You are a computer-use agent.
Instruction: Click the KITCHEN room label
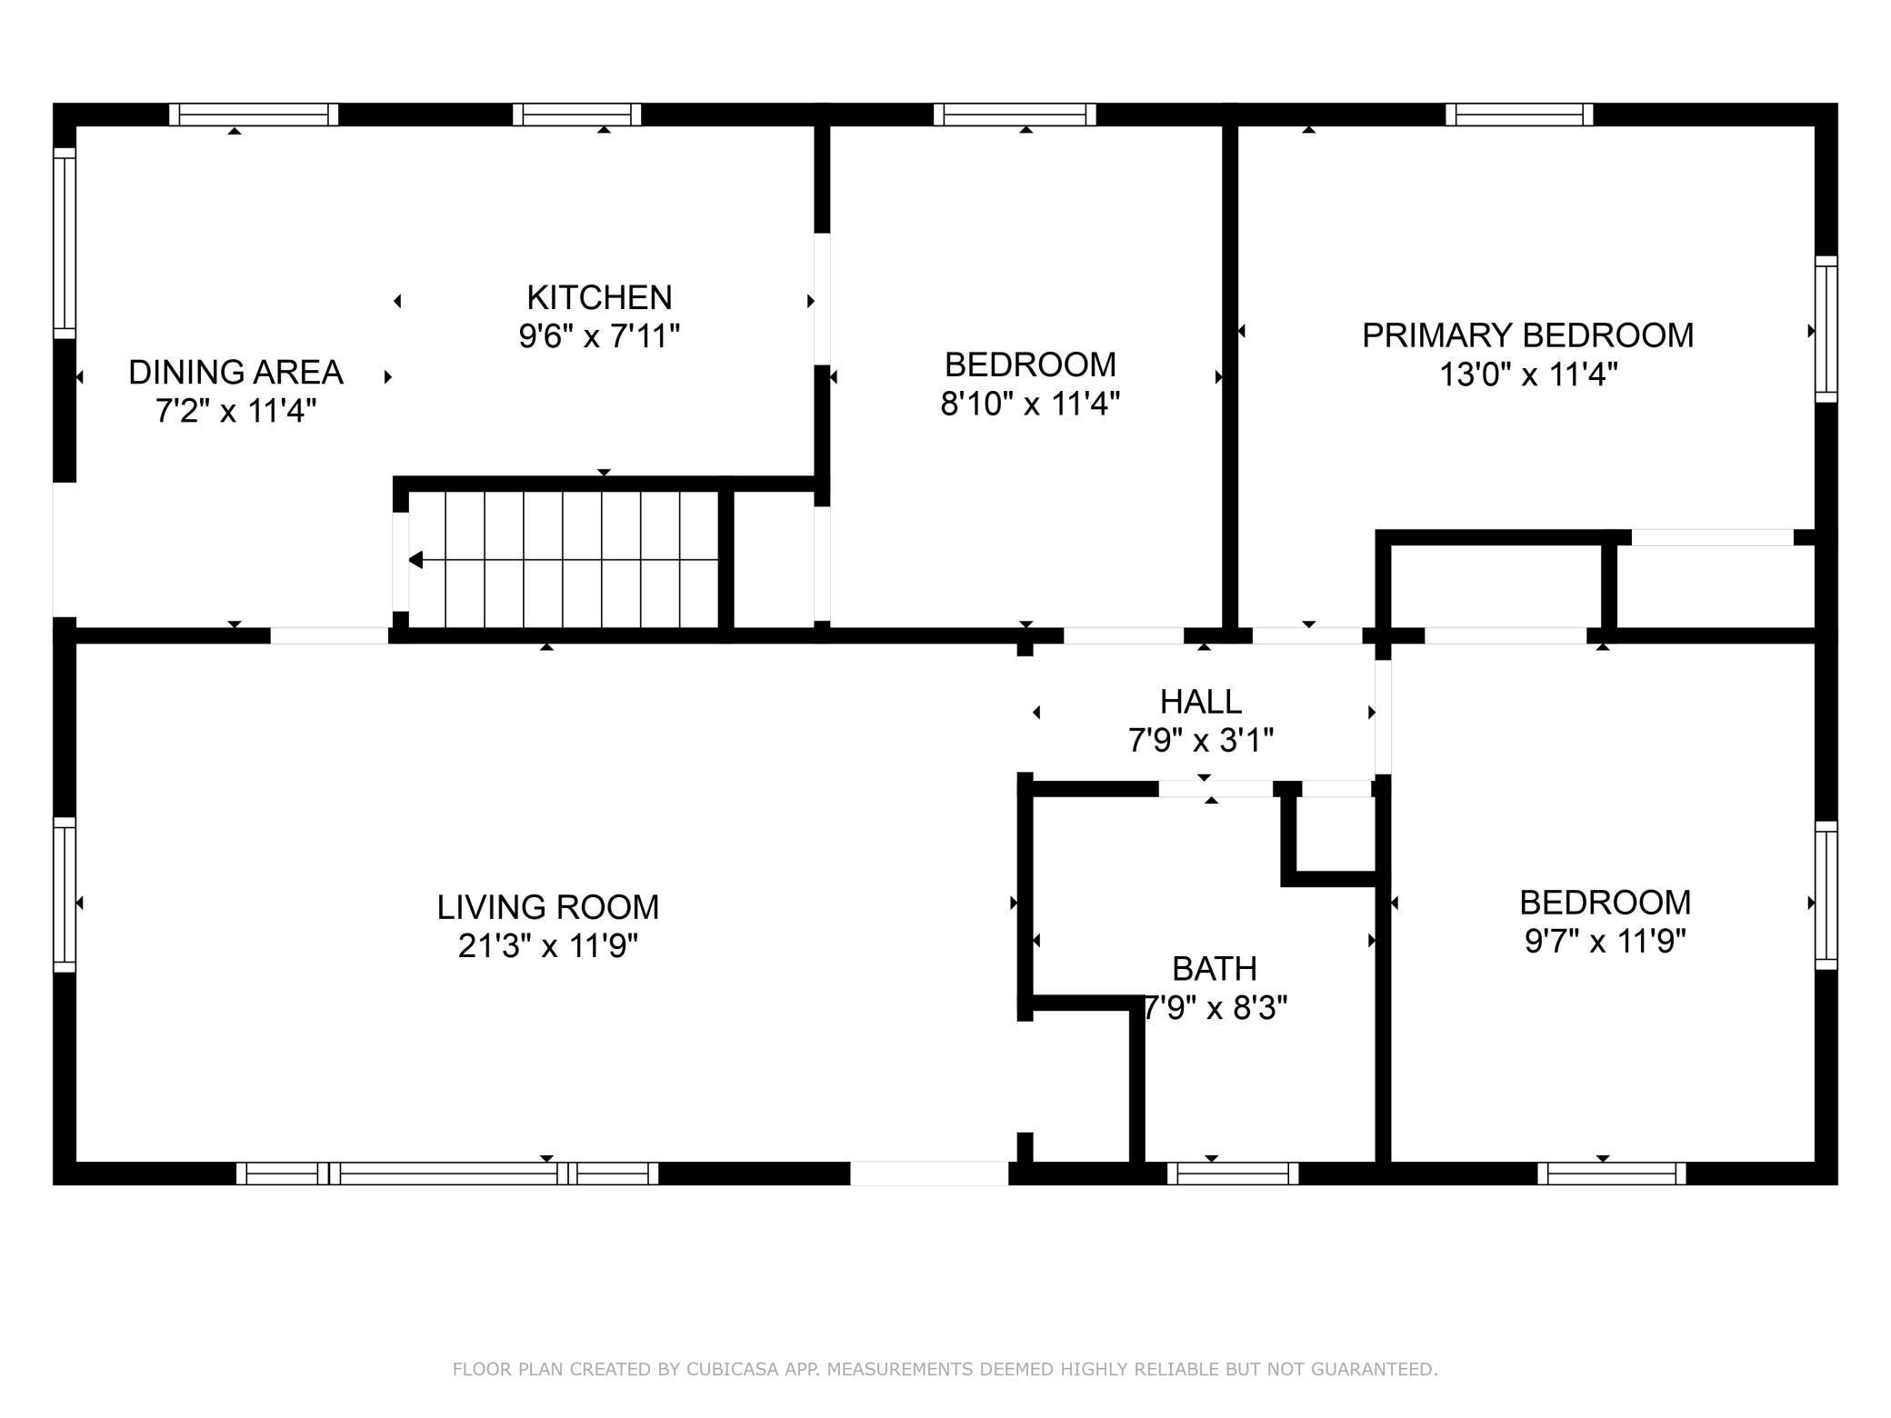(x=599, y=297)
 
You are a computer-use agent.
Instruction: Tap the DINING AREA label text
(x=235, y=372)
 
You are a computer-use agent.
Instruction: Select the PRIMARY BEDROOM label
(x=1527, y=335)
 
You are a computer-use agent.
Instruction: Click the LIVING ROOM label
(x=547, y=907)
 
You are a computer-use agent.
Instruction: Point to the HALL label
(x=1201, y=702)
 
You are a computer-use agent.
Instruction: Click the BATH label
(x=1215, y=969)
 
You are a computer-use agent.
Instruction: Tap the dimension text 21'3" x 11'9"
(x=547, y=946)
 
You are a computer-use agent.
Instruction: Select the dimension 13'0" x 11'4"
(x=1528, y=374)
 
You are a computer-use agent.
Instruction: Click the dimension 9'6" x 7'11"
(x=599, y=337)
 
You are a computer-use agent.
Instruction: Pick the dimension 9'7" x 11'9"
(x=1606, y=942)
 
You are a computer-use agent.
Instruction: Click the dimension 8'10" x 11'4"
(x=1030, y=404)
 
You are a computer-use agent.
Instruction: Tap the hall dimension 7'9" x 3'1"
(x=1201, y=741)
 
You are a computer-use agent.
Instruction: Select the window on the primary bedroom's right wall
(x=1826, y=329)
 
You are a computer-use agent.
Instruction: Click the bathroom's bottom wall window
(x=1233, y=1173)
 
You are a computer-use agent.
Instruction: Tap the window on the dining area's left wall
(x=65, y=243)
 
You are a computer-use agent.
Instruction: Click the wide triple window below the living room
(x=447, y=1173)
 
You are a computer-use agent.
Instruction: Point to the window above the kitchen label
(x=576, y=115)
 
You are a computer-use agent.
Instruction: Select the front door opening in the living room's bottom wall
(x=929, y=1173)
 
